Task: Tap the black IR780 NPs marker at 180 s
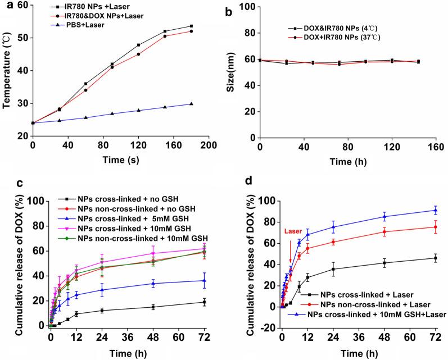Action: coord(191,26)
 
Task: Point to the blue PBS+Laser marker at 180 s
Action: coord(191,104)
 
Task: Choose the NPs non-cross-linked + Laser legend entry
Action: coord(366,304)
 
